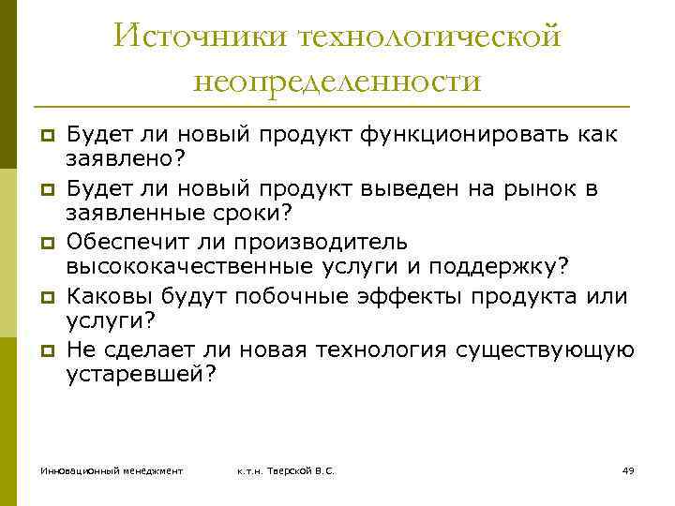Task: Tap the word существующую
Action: click(x=544, y=350)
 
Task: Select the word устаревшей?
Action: click(x=141, y=376)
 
